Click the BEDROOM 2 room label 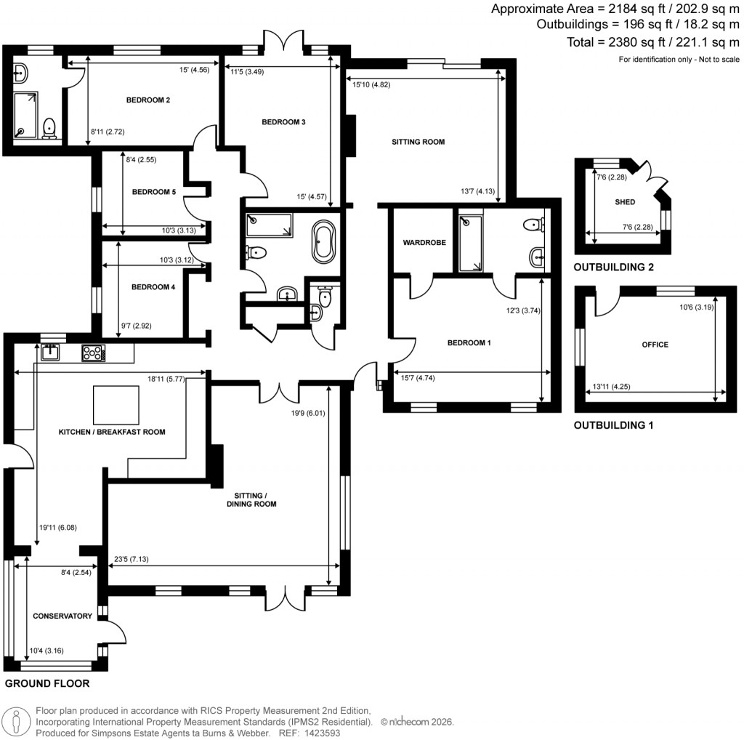(147, 100)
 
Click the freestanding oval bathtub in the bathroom (324, 242)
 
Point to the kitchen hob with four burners (94, 353)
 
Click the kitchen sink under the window (50, 353)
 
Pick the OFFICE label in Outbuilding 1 (655, 345)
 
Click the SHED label (624, 202)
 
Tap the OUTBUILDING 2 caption (613, 268)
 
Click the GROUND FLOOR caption (47, 683)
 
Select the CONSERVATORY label (62, 616)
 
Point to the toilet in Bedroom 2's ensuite (49, 128)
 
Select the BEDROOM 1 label (469, 342)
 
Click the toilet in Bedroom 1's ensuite (533, 224)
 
